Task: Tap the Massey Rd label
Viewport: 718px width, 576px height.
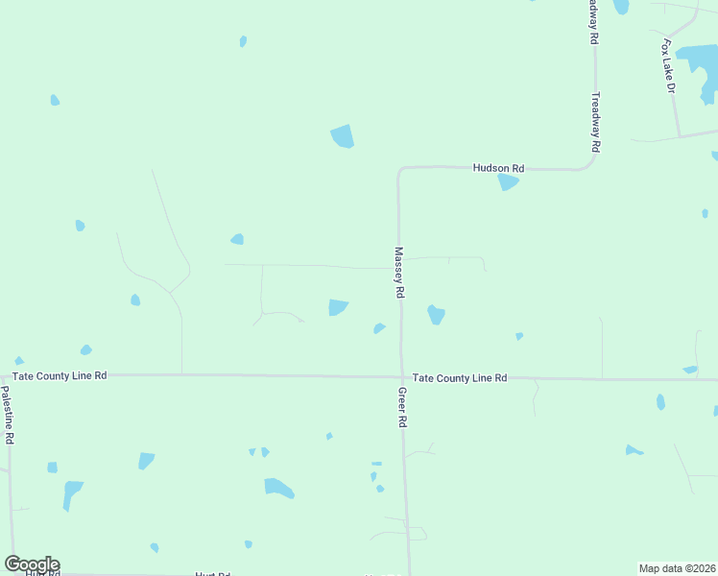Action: pyautogui.click(x=399, y=273)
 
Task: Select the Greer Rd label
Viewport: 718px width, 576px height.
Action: pyautogui.click(x=403, y=408)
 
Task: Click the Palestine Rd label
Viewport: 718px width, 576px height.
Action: pyautogui.click(x=7, y=415)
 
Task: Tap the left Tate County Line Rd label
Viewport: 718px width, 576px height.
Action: pyautogui.click(x=60, y=376)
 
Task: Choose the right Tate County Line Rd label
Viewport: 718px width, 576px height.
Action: pyautogui.click(x=459, y=378)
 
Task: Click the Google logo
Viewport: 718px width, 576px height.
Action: pyautogui.click(x=32, y=564)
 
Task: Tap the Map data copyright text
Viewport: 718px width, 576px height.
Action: pyautogui.click(x=677, y=568)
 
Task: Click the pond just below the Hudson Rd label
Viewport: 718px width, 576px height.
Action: pyautogui.click(x=508, y=181)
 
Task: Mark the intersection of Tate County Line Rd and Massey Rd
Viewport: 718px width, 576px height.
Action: pyautogui.click(x=401, y=376)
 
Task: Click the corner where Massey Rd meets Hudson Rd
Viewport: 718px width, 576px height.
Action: pyautogui.click(x=399, y=169)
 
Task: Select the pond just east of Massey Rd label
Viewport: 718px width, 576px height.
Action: pyautogui.click(x=436, y=314)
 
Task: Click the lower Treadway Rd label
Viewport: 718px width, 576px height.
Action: pyautogui.click(x=595, y=122)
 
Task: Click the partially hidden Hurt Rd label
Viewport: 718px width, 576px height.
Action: pyautogui.click(x=212, y=573)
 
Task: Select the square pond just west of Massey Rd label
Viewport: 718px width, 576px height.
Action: pyautogui.click(x=338, y=307)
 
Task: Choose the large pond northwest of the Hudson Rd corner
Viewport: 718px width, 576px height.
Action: pyautogui.click(x=342, y=136)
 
